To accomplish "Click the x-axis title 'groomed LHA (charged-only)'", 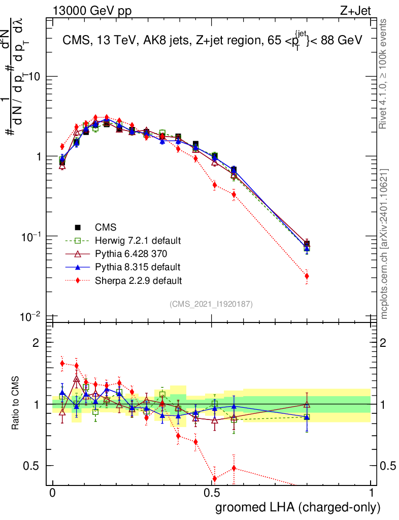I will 298,507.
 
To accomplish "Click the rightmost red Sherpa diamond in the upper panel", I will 307,276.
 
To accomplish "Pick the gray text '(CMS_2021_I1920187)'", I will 212,304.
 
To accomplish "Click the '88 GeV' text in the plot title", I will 343,41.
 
